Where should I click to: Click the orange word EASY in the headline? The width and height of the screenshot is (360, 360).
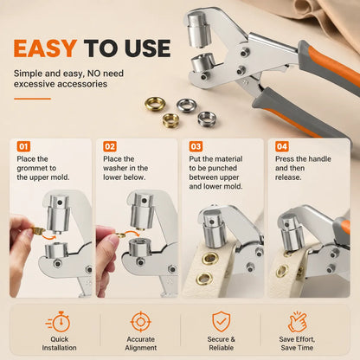[45, 48]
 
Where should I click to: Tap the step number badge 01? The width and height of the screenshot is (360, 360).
[23, 146]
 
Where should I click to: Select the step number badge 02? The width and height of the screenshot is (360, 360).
[110, 146]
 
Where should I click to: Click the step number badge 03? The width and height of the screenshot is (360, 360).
[196, 146]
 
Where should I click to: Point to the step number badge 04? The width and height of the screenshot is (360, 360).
[282, 146]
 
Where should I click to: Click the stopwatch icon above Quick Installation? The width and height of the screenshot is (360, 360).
[59, 322]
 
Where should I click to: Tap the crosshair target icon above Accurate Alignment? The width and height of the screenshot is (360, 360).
[140, 321]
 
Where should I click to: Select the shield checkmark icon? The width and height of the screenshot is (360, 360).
[222, 321]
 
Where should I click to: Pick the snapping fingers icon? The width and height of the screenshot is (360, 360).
[297, 322]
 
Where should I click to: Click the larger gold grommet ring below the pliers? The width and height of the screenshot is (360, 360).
[155, 103]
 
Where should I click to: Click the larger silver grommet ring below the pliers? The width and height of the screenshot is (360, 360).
[187, 106]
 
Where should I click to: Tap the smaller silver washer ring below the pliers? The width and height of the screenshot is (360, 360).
[207, 119]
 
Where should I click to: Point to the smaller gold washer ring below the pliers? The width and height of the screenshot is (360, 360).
[171, 120]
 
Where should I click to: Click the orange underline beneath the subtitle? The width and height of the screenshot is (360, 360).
[32, 99]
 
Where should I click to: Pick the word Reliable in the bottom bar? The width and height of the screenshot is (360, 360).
[222, 348]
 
